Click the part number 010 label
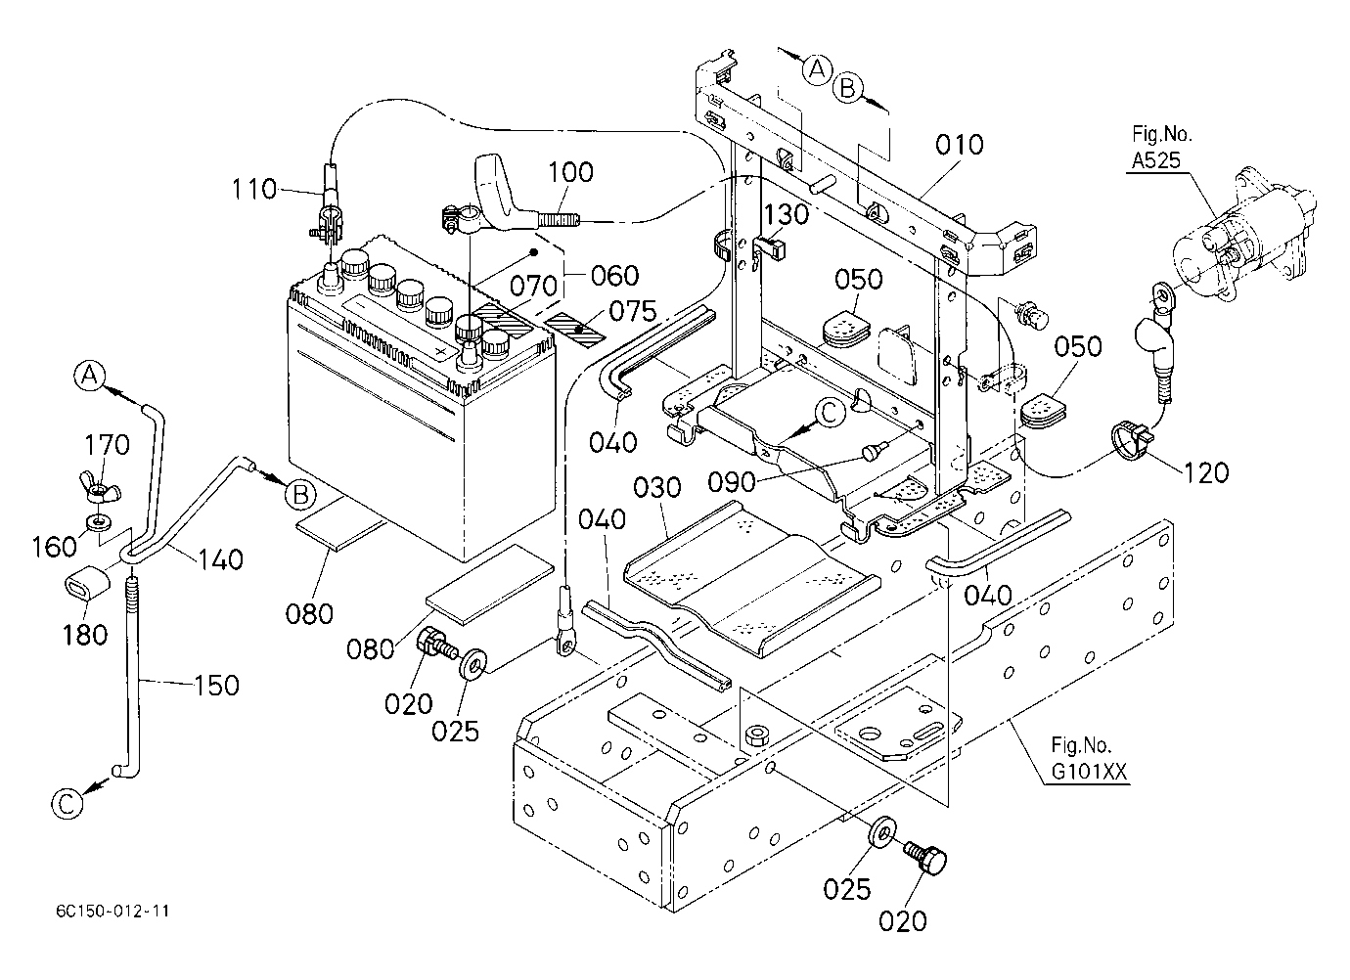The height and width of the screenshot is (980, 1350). tap(960, 146)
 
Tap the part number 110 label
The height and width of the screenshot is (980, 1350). tap(255, 189)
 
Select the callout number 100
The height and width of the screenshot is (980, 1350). tap(570, 172)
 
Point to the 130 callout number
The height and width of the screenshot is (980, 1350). tap(786, 214)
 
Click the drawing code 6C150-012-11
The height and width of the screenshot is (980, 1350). tap(112, 911)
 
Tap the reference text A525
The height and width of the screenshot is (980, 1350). tap(1155, 160)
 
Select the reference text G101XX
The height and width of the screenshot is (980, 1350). tap(1089, 772)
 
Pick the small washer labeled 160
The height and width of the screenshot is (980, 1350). tap(99, 521)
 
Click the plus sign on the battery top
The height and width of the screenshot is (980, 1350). tap(442, 351)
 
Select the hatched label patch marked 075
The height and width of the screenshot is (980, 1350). tap(575, 329)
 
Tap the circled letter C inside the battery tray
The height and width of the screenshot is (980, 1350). tap(830, 414)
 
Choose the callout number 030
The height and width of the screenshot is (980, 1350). tap(657, 487)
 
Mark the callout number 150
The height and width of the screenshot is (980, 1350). tap(216, 686)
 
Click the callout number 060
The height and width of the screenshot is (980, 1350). tap(614, 276)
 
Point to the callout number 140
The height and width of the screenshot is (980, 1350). tap(220, 559)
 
